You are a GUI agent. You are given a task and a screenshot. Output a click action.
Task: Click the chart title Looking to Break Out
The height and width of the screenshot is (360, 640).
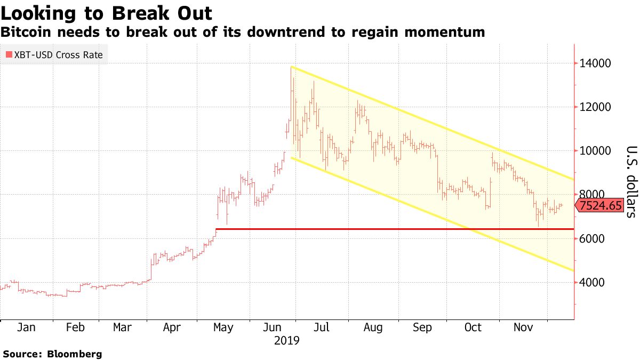(106, 13)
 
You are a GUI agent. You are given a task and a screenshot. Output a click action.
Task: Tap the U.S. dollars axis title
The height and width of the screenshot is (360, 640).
(631, 182)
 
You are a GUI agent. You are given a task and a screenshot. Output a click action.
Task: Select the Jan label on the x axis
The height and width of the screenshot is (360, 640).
(27, 327)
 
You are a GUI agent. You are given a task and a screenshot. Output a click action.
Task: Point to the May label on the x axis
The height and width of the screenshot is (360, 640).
(222, 327)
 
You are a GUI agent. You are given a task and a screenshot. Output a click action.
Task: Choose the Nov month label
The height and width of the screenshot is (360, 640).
(522, 327)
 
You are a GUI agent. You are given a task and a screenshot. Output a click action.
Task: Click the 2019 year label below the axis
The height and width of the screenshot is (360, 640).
(286, 340)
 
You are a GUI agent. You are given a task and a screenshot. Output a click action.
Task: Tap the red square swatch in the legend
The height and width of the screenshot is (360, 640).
(9, 54)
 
